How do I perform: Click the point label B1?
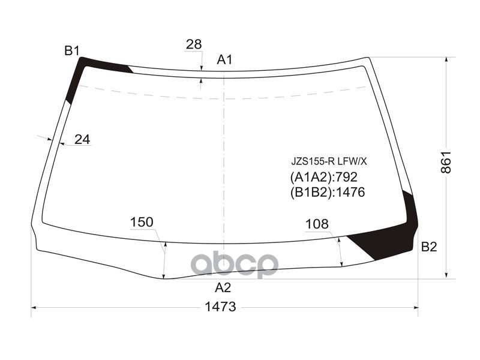(72, 50)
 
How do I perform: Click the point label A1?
(224, 59)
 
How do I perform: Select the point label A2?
(223, 287)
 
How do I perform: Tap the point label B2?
(429, 247)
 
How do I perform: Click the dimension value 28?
(193, 44)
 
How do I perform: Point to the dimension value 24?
(82, 139)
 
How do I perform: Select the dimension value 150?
(142, 223)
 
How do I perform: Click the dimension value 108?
(317, 224)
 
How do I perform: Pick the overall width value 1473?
(220, 307)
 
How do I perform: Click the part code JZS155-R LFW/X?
(328, 161)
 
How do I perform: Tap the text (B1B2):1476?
(327, 193)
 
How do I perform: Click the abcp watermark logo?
(234, 264)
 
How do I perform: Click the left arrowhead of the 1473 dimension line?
(34, 307)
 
